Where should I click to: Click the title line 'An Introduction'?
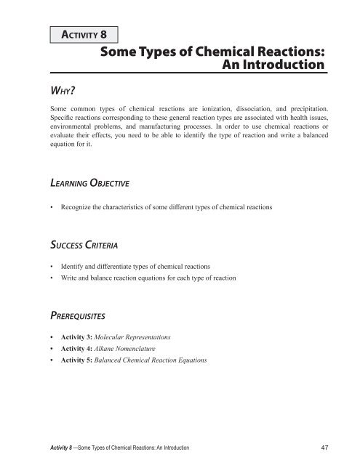coord(265,65)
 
